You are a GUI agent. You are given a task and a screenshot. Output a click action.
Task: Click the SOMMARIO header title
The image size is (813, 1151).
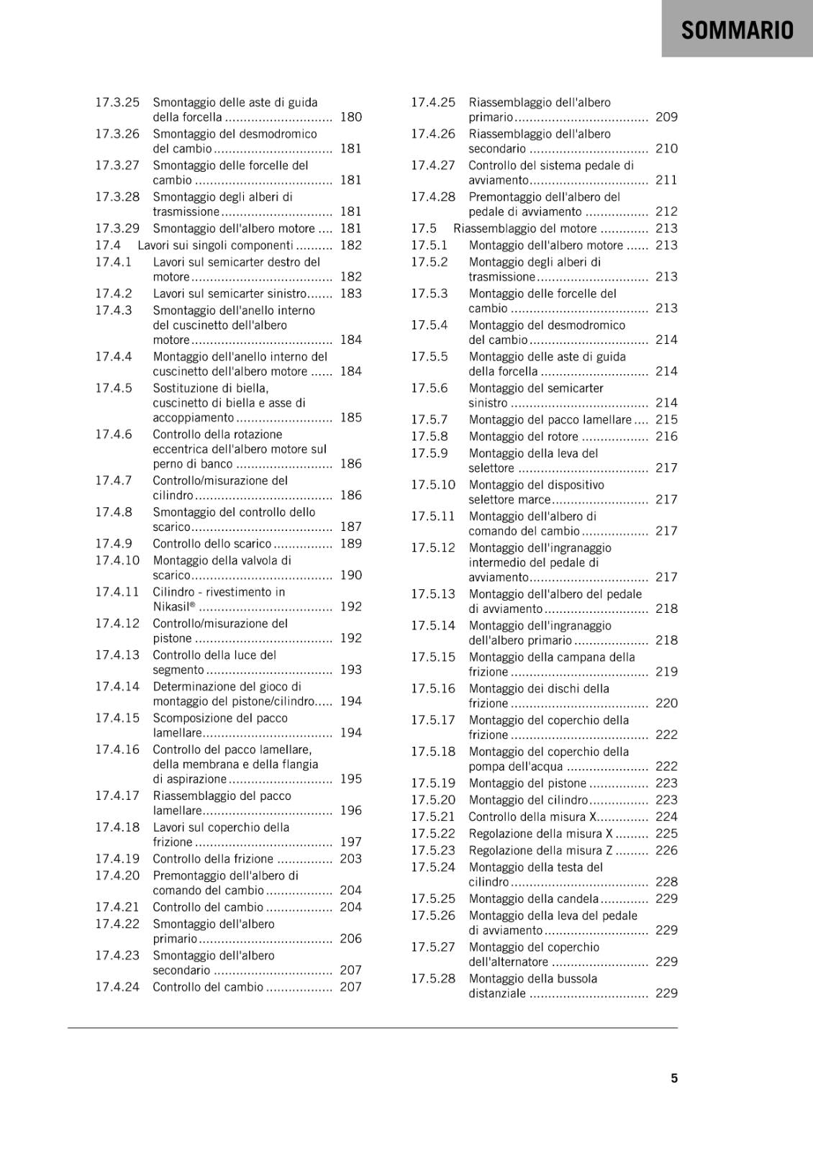[737, 30]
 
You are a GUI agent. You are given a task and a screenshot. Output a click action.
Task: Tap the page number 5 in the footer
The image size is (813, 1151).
[674, 1078]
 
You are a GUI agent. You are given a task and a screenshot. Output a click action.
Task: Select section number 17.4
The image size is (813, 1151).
[108, 245]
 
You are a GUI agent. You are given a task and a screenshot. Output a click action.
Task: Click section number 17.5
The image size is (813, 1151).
[424, 228]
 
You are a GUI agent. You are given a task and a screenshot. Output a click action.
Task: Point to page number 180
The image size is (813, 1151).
[351, 117]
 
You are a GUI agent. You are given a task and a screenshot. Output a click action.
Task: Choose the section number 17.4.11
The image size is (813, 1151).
[117, 592]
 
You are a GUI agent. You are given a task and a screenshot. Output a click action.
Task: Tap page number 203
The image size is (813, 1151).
[351, 859]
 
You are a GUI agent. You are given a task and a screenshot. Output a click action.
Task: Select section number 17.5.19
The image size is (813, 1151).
[433, 783]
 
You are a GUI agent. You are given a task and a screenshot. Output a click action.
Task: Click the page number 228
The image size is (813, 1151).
[666, 882]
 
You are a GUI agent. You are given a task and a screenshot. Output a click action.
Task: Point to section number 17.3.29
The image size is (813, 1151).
[117, 228]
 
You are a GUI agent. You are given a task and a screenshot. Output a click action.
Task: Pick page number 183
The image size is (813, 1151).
[351, 294]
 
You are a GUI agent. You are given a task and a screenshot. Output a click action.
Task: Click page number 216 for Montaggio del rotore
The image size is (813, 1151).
[666, 437]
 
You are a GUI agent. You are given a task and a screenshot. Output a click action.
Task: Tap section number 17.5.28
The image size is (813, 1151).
[433, 979]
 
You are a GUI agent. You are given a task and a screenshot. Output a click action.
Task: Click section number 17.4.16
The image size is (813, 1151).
[117, 750]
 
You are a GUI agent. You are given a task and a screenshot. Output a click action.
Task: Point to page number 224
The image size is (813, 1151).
[666, 817]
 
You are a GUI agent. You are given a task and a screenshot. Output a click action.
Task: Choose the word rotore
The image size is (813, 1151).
[560, 437]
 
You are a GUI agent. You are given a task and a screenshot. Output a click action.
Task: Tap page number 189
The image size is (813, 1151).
[351, 544]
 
